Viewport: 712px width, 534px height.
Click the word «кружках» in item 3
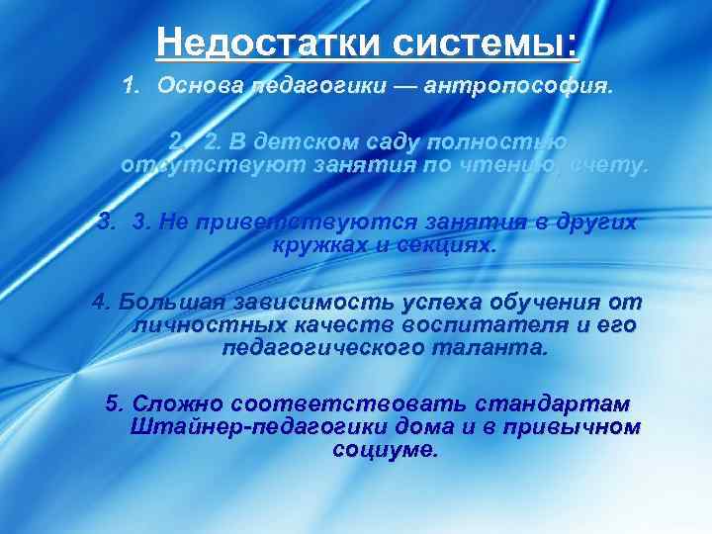pyautogui.click(x=313, y=243)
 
